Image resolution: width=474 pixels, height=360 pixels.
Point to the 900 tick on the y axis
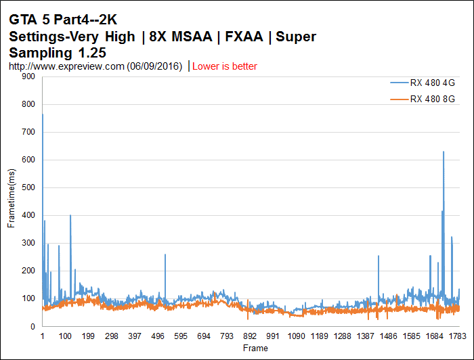pos(28,76)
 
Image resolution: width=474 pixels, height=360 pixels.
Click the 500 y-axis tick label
pos(28,187)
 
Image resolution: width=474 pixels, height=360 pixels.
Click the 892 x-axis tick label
pos(251,336)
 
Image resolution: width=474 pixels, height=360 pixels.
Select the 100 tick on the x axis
pos(66,336)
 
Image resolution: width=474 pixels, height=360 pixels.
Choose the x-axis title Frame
pos(255,348)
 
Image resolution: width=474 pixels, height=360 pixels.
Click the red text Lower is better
pos(225,66)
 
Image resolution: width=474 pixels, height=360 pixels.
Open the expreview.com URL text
pos(95,66)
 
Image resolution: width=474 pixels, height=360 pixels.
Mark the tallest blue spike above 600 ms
pos(444,153)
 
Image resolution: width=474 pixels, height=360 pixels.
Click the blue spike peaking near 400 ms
pos(70,217)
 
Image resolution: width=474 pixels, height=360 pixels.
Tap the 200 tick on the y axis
pos(28,271)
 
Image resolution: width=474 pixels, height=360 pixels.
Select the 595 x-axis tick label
pos(181,336)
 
